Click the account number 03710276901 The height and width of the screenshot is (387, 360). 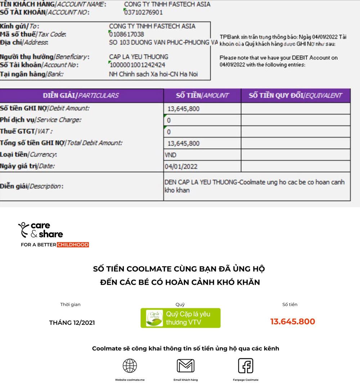143,13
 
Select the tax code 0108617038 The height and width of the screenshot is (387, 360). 126,34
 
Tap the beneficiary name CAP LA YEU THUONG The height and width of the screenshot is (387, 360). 139,57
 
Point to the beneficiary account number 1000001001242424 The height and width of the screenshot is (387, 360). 137,65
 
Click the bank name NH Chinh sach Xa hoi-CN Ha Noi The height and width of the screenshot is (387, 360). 153,74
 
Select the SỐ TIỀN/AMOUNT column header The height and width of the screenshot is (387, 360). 202,96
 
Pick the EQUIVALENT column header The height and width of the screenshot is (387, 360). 295,96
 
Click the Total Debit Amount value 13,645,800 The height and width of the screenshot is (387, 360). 184,144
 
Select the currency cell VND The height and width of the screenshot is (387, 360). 171,155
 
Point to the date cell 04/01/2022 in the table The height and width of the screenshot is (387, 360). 181,167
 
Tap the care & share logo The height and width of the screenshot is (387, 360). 40,230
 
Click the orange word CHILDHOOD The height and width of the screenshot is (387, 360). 73,245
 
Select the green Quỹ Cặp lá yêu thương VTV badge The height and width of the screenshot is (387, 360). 180,318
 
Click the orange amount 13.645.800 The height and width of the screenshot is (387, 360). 292,322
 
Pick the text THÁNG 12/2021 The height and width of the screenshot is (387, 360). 72,323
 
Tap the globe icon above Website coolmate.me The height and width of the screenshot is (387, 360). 130,366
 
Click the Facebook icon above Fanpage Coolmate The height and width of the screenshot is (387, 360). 246,366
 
